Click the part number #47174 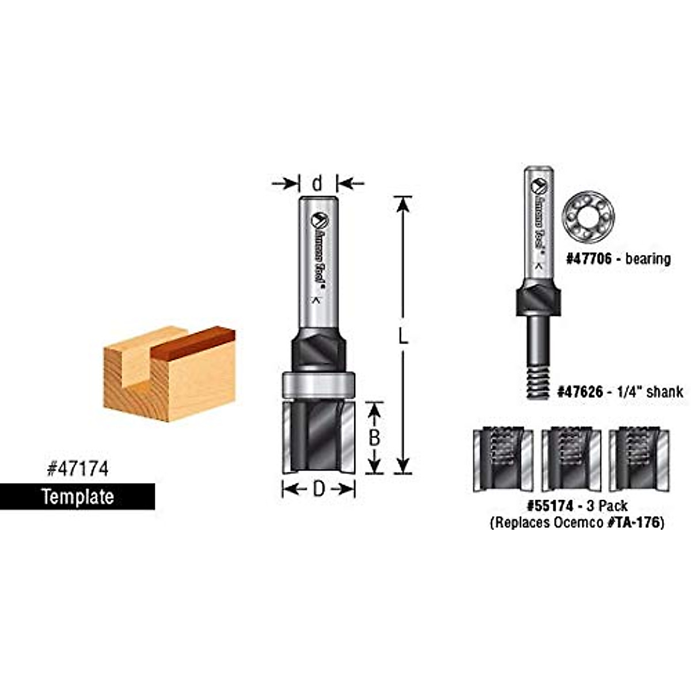tap(77, 469)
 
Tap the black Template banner tap(77, 496)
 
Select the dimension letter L tap(403, 336)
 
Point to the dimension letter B tap(374, 438)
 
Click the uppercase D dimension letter tap(318, 489)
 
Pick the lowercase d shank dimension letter tap(317, 184)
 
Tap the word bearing tap(648, 259)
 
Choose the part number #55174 tap(550, 506)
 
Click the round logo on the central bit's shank tap(318, 221)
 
